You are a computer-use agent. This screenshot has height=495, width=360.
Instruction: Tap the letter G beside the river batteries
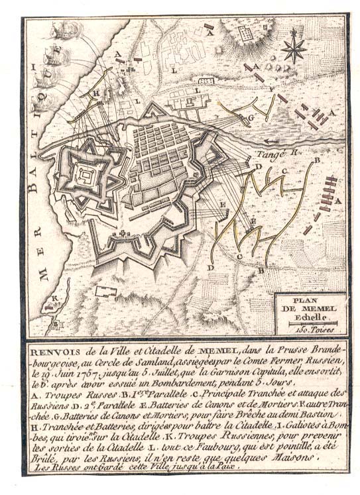(x=252, y=117)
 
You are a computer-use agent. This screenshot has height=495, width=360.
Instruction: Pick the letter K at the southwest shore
(x=56, y=300)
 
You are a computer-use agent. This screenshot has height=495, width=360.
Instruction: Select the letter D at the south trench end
(x=210, y=267)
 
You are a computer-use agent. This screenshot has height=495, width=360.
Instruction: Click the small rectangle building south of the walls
(x=106, y=291)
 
